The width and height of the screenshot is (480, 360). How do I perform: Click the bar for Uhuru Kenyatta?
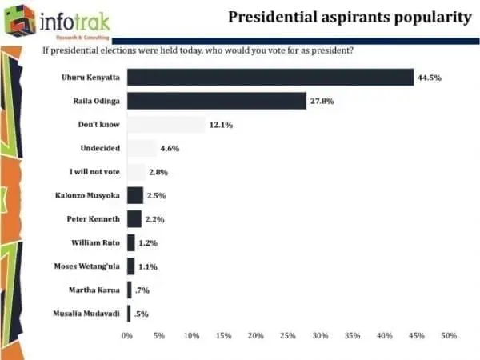[270, 78]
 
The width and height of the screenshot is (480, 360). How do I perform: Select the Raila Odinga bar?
[216, 101]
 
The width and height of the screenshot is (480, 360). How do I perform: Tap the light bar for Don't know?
[166, 124]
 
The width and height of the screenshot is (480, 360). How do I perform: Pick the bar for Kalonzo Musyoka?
[134, 195]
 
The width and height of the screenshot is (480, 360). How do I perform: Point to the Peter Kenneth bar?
[134, 218]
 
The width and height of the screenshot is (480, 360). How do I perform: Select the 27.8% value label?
[322, 101]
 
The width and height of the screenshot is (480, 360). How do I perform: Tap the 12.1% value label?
[222, 124]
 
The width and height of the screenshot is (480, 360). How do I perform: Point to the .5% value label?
[142, 314]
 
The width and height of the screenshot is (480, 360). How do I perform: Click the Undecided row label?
[99, 148]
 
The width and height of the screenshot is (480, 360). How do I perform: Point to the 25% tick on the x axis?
[288, 336]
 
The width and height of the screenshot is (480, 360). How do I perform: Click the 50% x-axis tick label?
[449, 336]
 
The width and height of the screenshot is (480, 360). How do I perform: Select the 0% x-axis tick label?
[126, 336]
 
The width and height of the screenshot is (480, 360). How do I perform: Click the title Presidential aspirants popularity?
[350, 17]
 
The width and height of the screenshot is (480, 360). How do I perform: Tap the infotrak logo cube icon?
[19, 21]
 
